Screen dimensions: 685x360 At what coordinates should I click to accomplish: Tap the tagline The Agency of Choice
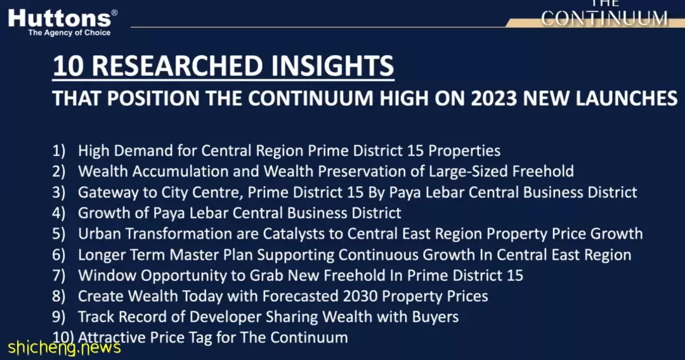click(70, 33)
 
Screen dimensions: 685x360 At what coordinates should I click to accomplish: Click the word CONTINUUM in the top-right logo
click(604, 19)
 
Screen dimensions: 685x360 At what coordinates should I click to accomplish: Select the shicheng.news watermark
click(64, 348)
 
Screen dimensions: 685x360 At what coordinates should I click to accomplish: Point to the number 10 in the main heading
click(68, 66)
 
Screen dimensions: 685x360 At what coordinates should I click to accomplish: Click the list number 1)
click(59, 151)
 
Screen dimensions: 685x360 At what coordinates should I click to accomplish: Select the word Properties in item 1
click(464, 151)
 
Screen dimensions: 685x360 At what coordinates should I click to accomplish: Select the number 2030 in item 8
click(360, 296)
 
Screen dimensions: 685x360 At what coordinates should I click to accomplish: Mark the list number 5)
click(59, 234)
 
